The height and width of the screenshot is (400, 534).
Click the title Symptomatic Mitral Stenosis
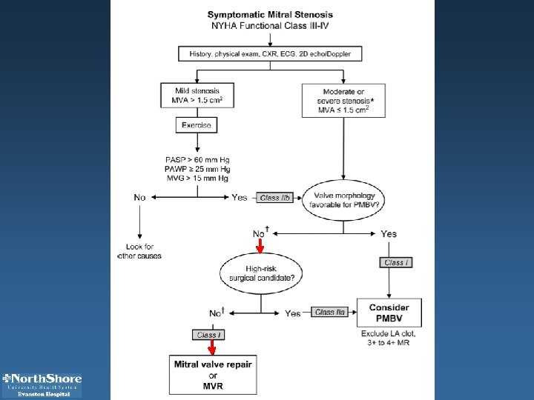[x=270, y=15]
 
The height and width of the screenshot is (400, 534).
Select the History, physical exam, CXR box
[x=270, y=53]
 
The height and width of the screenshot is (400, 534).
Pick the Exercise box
[x=196, y=126]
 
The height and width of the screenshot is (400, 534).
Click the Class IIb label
[x=274, y=198]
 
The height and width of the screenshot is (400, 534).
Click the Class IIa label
[x=330, y=313]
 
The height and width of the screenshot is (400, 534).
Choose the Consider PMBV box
[x=389, y=313]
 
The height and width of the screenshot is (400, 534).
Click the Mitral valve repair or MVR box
[x=212, y=375]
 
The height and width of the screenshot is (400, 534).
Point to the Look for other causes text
[x=139, y=251]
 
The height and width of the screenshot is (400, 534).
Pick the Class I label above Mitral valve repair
[x=208, y=335]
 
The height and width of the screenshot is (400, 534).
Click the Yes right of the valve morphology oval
[x=389, y=234]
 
